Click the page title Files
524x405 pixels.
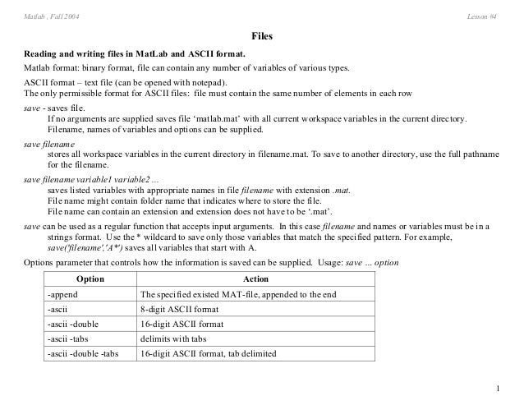click(x=262, y=38)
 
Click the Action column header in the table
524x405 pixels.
click(x=256, y=279)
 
